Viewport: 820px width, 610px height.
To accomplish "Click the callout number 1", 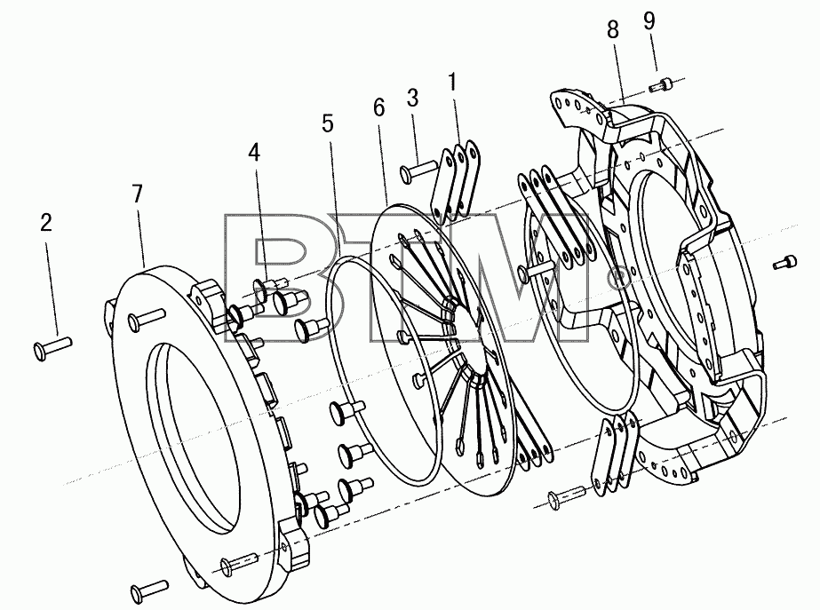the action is coord(452,83).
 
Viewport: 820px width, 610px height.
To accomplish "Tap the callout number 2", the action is coord(46,223).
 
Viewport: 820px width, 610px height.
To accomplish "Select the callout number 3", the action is coord(412,98).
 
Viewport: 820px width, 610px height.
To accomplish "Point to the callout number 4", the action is coord(253,152).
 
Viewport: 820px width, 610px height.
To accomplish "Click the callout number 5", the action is coord(327,124).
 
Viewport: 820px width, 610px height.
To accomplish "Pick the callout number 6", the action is coord(379,107).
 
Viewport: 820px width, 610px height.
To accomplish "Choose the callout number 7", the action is coord(137,194).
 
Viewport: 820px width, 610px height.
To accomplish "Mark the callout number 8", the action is coord(613,29).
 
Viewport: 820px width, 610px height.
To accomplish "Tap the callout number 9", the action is coord(649,21).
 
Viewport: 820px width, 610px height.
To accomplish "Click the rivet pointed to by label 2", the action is coord(52,347).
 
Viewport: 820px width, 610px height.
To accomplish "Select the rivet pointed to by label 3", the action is coord(419,170).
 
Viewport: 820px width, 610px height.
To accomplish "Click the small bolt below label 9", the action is coord(660,85).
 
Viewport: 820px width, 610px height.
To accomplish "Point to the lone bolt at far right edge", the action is coord(784,263).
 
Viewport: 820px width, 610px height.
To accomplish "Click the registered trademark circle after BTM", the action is coord(620,276).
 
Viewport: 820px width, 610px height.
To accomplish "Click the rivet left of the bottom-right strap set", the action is coord(567,496).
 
